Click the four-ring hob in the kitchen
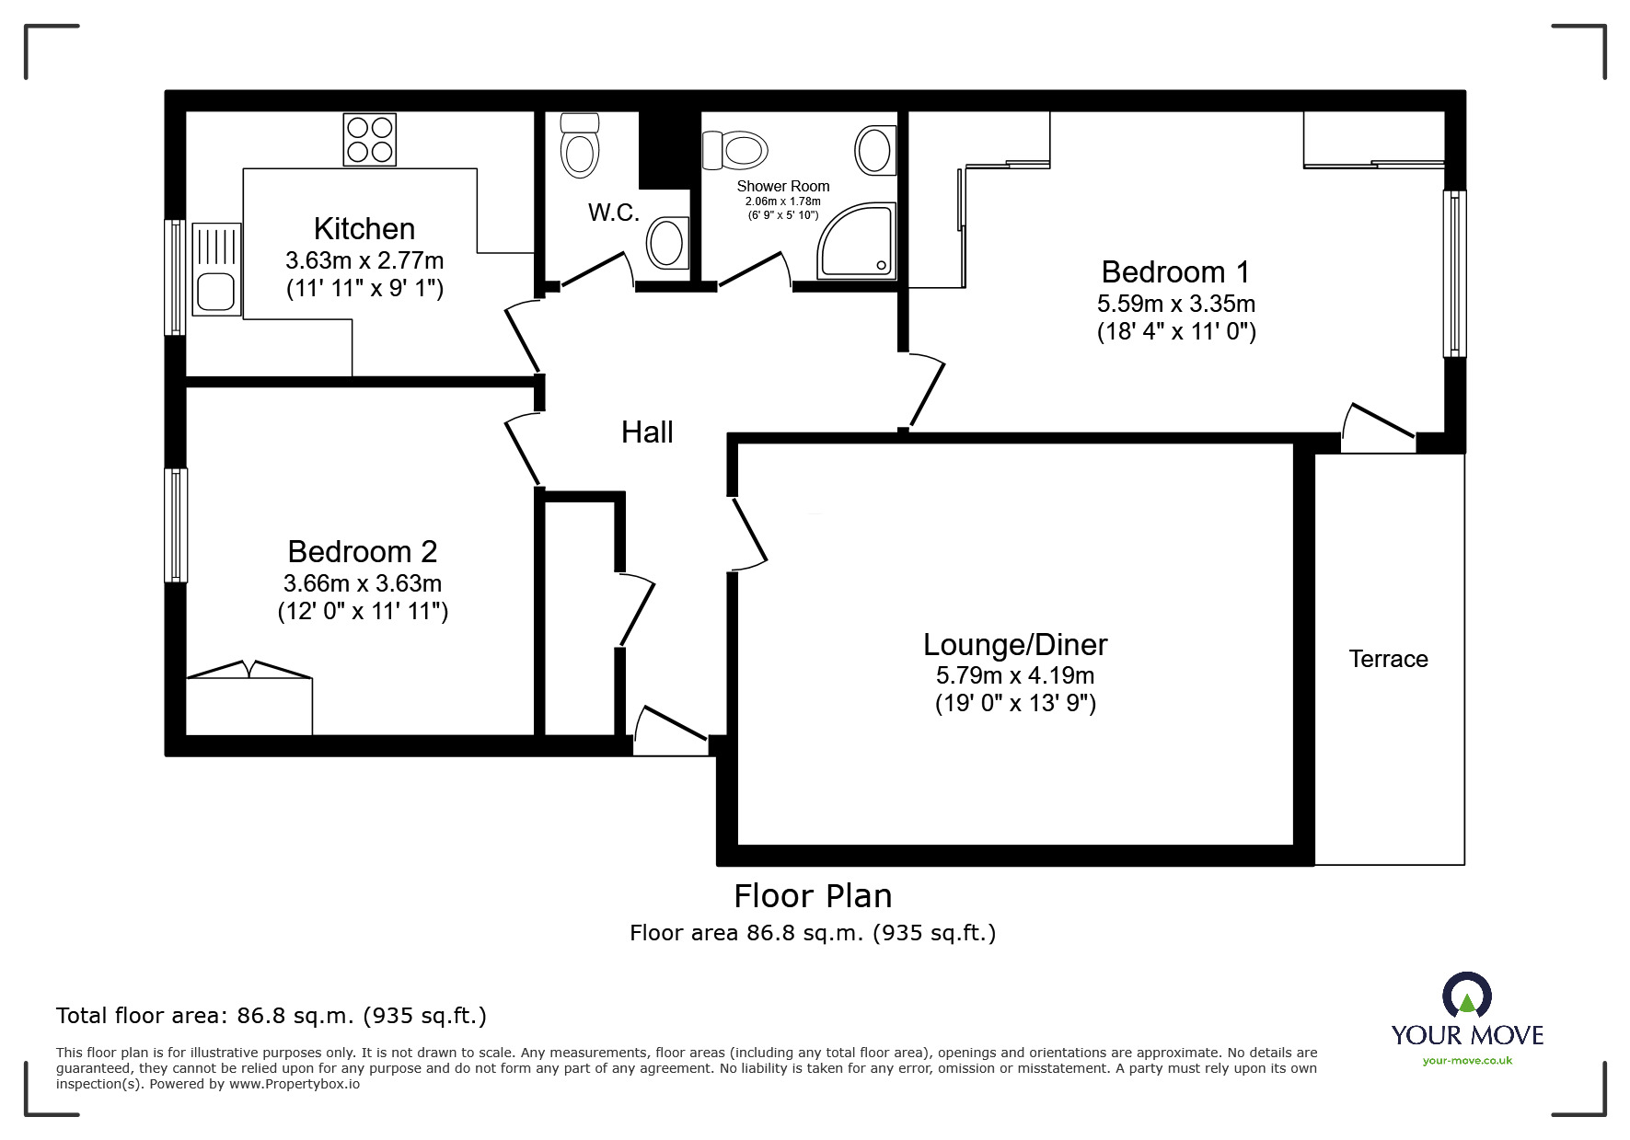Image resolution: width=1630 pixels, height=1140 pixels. (x=370, y=139)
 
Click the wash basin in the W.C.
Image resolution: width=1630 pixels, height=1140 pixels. (x=666, y=243)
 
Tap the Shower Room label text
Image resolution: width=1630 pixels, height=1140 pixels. (x=783, y=186)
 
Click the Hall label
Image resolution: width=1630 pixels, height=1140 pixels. (x=647, y=432)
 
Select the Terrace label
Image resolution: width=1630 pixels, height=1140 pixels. (x=1388, y=659)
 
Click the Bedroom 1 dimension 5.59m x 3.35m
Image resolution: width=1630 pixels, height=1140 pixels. (x=1176, y=304)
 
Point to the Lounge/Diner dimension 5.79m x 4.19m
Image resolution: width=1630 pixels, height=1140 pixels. (x=1015, y=675)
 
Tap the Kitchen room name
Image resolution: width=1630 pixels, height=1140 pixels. (x=364, y=228)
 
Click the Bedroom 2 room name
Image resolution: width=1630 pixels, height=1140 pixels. (x=363, y=551)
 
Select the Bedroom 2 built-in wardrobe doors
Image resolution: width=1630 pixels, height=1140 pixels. (x=249, y=671)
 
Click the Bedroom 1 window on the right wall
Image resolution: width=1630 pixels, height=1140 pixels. (x=1454, y=273)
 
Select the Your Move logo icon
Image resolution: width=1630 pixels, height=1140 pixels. (x=1466, y=996)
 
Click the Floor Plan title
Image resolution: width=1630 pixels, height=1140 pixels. (x=813, y=895)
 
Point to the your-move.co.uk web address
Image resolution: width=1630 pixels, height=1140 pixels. (x=1467, y=1061)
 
